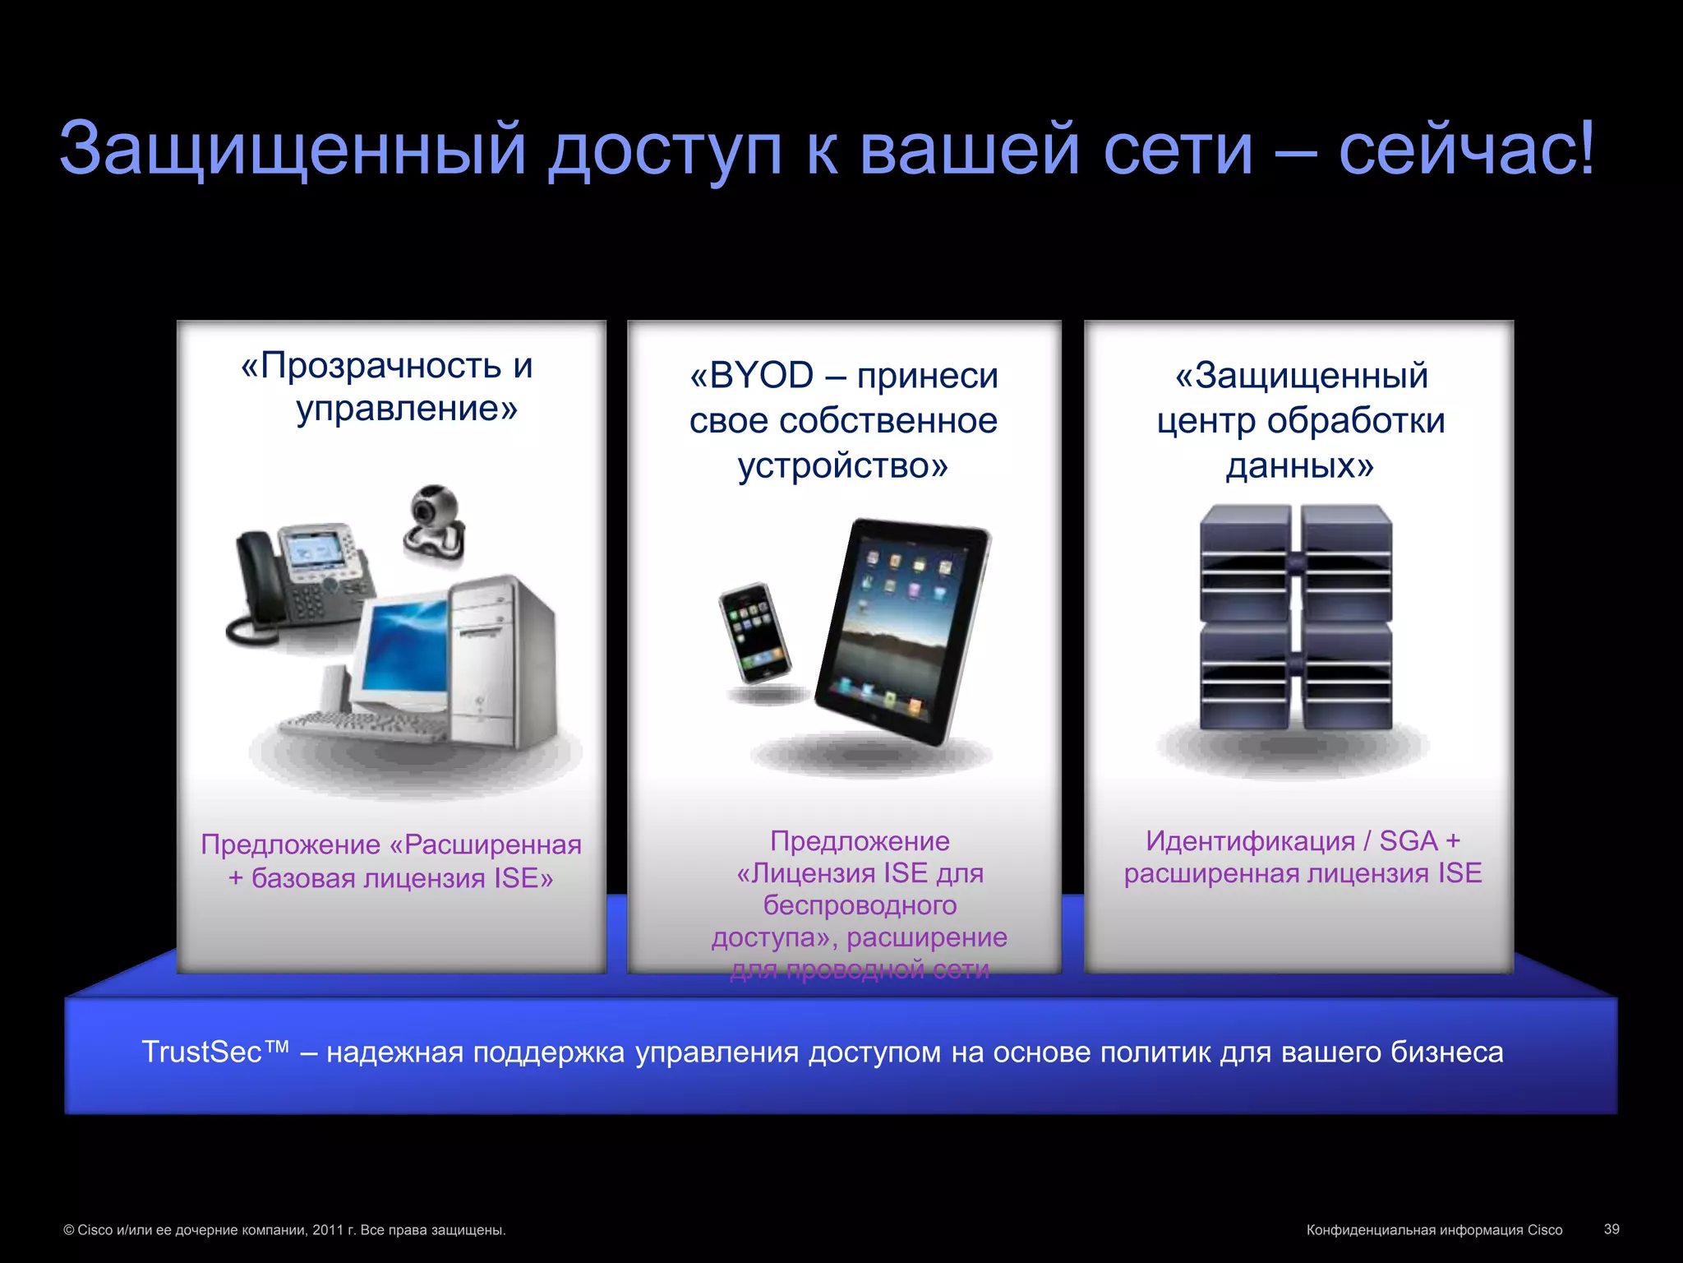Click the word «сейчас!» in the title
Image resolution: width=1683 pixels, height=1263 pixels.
pyautogui.click(x=1466, y=150)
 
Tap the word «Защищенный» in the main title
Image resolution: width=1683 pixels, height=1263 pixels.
pyautogui.click(x=292, y=150)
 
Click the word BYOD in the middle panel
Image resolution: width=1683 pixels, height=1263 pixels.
pyautogui.click(x=761, y=376)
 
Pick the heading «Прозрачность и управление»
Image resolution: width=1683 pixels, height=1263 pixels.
pyautogui.click(x=388, y=386)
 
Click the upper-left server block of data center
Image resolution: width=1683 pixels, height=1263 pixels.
pyautogui.click(x=1244, y=563)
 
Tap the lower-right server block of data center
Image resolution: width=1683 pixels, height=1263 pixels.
pyautogui.click(x=1346, y=676)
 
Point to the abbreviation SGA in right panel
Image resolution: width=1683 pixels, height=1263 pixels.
pyautogui.click(x=1408, y=841)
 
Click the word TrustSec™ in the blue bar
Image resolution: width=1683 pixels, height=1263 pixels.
pyautogui.click(x=215, y=1052)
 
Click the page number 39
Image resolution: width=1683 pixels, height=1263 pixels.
pyautogui.click(x=1611, y=1229)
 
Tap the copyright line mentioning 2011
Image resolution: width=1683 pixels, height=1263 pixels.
pyautogui.click(x=284, y=1230)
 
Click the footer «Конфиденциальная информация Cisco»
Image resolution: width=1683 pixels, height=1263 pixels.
pyautogui.click(x=1434, y=1230)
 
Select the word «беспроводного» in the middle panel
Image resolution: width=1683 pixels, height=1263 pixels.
pyautogui.click(x=860, y=905)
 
